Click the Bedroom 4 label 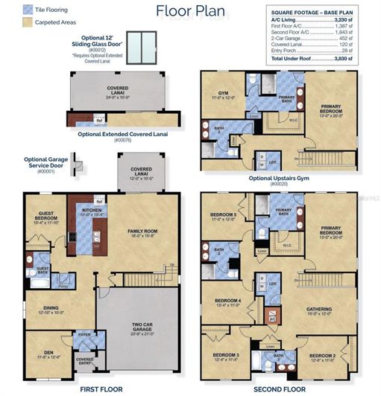[224, 301]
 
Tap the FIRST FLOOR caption [99, 389]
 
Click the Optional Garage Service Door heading [45, 162]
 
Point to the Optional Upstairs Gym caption [282, 178]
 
